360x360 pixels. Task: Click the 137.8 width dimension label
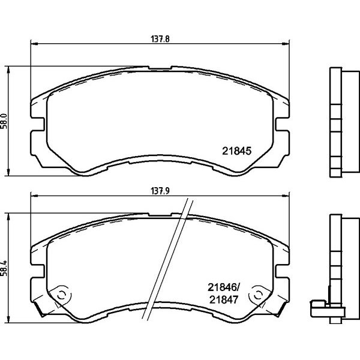click(x=160, y=39)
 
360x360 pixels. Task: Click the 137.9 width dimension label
click(x=160, y=191)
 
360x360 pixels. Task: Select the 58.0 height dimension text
click(x=5, y=121)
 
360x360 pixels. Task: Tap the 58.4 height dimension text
click(x=5, y=268)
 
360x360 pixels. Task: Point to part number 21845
click(x=237, y=151)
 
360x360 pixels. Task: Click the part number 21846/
click(x=224, y=287)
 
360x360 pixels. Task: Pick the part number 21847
click(x=224, y=299)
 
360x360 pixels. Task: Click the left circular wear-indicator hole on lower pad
click(x=62, y=295)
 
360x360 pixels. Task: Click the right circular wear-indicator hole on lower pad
click(x=258, y=295)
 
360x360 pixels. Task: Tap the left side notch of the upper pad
click(x=37, y=124)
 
